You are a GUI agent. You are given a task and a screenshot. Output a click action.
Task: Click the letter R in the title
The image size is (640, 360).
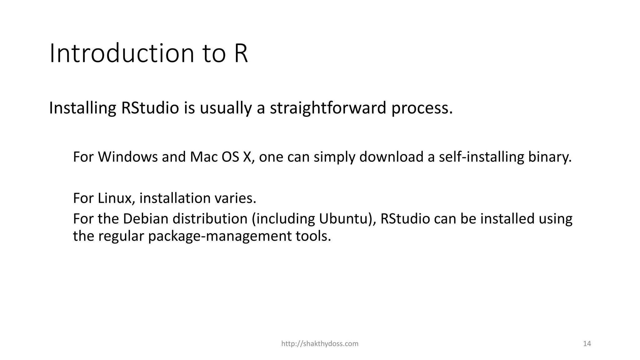pos(240,53)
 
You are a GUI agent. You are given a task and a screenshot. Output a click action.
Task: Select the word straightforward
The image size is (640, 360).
pos(328,108)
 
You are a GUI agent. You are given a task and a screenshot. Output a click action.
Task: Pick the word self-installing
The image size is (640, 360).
pos(481,157)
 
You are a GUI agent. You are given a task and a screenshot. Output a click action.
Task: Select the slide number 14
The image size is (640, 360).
pos(587,344)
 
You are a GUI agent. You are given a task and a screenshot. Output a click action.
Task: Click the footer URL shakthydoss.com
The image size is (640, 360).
pos(320,344)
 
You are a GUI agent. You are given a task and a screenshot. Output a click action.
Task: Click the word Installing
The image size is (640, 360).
pos(82,108)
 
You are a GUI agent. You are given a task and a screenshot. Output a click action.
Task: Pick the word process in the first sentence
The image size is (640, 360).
pos(422,108)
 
